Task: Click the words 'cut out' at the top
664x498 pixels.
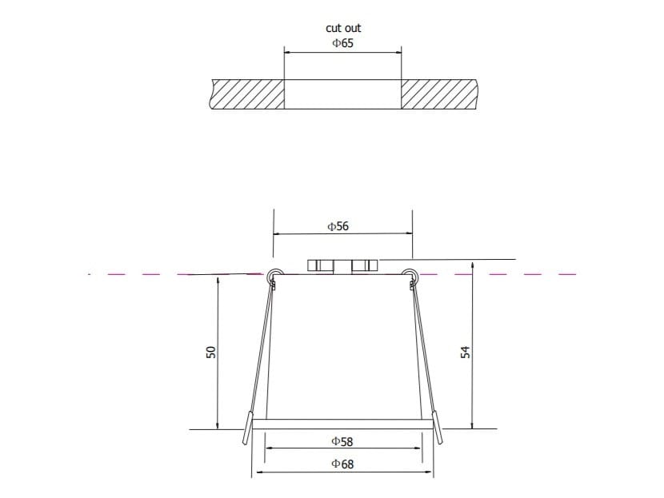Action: [342, 28]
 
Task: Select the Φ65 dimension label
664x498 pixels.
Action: [342, 43]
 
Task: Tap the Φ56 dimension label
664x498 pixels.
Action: [338, 226]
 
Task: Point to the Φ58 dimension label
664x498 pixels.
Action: [342, 440]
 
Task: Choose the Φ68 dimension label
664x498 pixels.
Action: [342, 464]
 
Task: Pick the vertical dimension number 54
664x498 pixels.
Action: [465, 352]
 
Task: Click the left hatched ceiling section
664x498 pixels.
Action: [248, 94]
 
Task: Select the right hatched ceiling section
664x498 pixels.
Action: [438, 94]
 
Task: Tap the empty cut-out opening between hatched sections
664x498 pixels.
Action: [342, 94]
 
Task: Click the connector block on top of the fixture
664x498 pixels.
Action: [342, 265]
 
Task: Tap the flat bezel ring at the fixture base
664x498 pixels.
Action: [342, 421]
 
